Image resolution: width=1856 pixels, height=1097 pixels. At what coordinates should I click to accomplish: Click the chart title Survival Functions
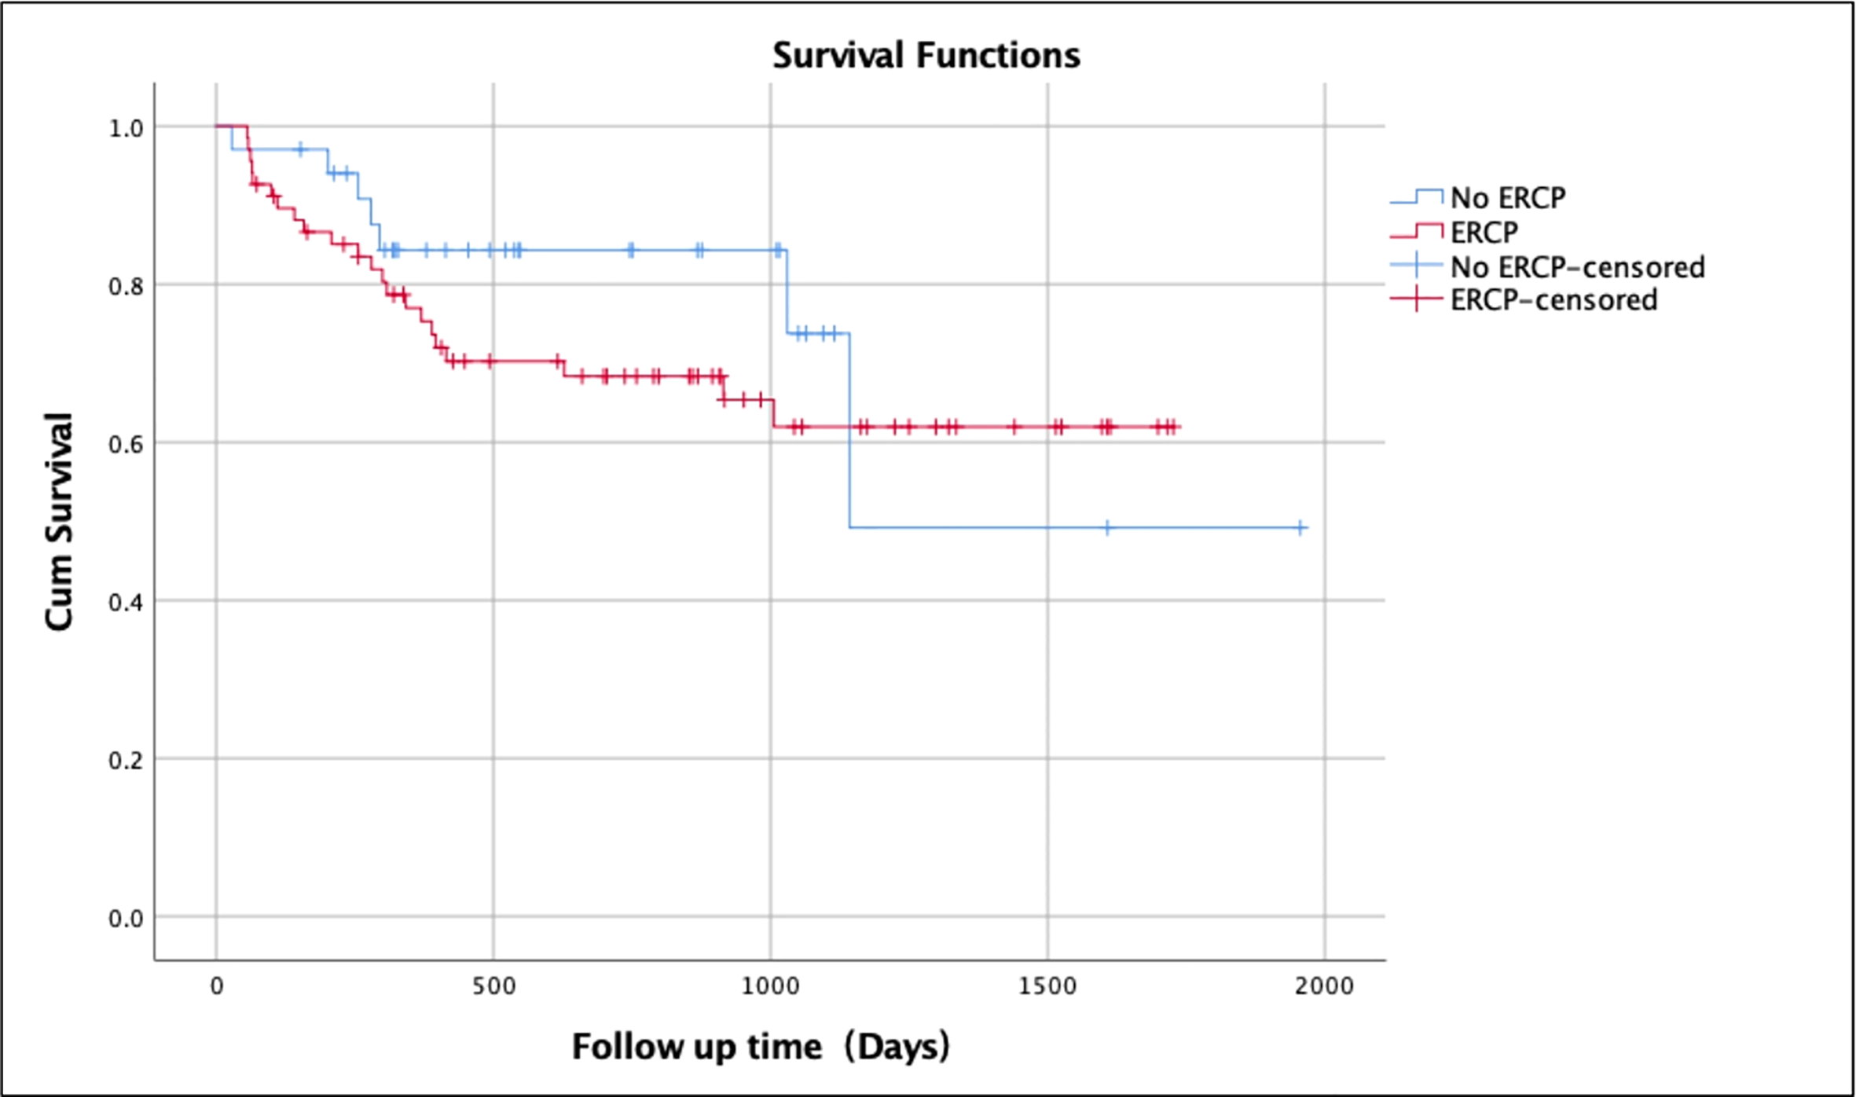(926, 56)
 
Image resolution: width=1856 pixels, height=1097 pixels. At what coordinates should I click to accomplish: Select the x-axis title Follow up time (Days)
(761, 1047)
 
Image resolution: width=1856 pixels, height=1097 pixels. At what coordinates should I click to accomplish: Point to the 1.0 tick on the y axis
(126, 128)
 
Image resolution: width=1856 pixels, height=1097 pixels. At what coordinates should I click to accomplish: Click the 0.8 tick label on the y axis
(126, 286)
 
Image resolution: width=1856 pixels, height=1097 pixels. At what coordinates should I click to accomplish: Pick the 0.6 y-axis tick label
(126, 444)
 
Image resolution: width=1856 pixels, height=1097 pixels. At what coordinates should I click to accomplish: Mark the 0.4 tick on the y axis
(126, 602)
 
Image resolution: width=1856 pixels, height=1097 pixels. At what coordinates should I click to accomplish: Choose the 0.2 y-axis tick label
(126, 760)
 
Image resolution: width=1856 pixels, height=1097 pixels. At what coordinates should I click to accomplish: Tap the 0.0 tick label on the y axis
(126, 918)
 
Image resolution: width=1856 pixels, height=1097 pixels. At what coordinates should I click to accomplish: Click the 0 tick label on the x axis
(217, 985)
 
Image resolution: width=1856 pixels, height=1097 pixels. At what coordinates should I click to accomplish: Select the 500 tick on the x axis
(493, 985)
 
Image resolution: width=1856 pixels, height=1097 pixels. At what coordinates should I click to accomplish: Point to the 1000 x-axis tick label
(771, 985)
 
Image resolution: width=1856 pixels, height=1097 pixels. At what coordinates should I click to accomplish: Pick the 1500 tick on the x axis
(1047, 985)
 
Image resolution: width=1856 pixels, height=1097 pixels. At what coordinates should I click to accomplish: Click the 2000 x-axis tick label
(1325, 985)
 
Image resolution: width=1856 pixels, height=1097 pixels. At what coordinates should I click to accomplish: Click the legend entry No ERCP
(1507, 198)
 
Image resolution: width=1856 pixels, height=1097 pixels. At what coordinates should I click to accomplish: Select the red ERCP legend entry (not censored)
(1484, 233)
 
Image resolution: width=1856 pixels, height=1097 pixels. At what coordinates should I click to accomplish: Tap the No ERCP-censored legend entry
(1577, 267)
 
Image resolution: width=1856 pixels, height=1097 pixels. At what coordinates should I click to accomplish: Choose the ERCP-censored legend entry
(1553, 300)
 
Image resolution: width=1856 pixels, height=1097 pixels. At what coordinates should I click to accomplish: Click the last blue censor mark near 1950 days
(1300, 527)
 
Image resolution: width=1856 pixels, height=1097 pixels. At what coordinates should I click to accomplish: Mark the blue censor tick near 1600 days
(1107, 527)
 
